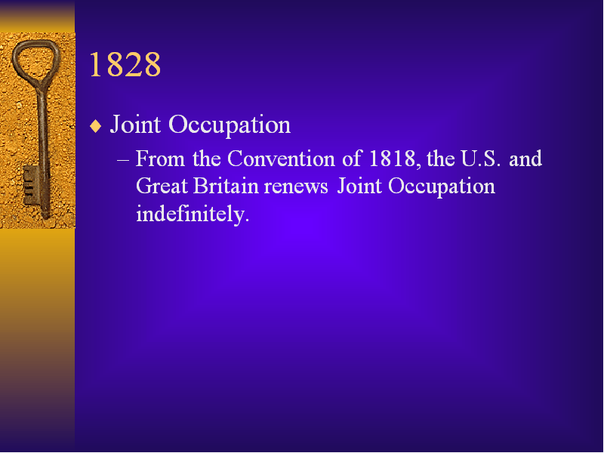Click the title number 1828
coord(125,64)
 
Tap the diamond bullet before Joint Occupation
coord(95,126)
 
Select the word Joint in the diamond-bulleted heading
coord(135,125)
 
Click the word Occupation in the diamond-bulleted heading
coord(230,125)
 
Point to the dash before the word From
coord(122,159)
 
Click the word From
coord(160,159)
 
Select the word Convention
coord(281,159)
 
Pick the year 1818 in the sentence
coord(392,159)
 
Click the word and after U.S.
coord(525,159)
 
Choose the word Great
coord(162,186)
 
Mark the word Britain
coord(226,186)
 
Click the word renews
coord(296,187)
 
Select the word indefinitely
coord(193,214)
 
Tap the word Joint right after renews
coord(360,186)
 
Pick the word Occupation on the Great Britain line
coord(442,187)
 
